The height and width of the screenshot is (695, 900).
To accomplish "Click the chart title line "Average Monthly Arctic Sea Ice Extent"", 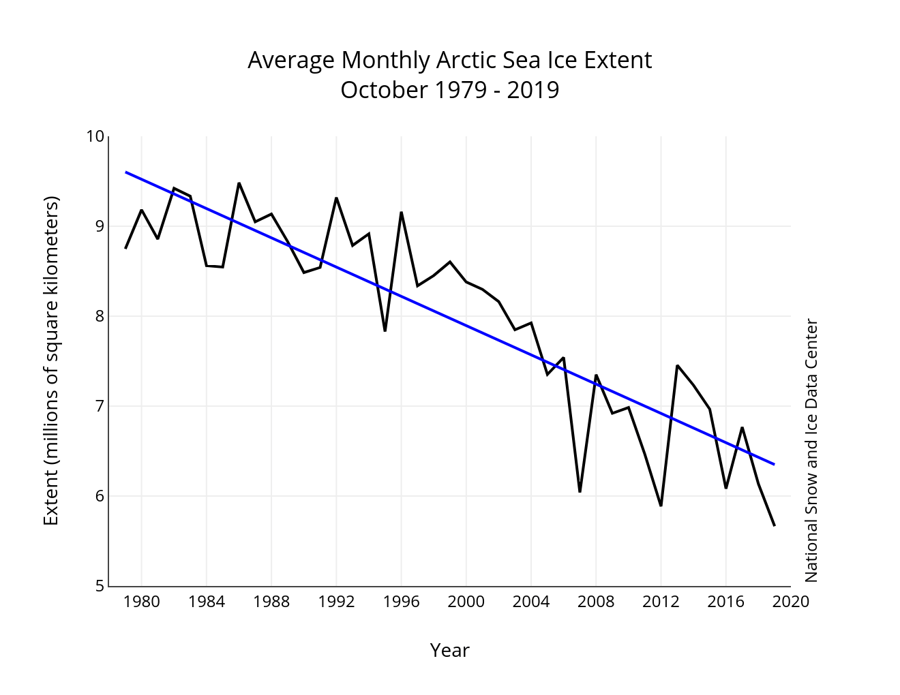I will point(449,60).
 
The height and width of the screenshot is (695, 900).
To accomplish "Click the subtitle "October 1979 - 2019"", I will point(449,90).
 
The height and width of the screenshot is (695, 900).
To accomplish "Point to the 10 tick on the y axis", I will point(95,137).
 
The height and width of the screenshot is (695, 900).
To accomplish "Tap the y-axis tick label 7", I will point(100,406).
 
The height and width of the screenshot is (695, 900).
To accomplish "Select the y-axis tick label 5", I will point(100,586).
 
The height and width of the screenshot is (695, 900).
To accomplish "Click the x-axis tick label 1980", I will point(142,602).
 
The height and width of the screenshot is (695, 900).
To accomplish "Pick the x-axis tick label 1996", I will point(401,602).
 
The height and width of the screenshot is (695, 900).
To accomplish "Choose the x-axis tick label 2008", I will point(596,602).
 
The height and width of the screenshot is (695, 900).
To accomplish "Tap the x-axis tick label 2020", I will point(791,602).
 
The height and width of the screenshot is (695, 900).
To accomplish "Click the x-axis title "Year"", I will point(449,650).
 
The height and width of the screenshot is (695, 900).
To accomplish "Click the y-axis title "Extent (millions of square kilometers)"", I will point(52,360).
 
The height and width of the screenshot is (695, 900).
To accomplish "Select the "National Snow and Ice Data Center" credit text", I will point(811,450).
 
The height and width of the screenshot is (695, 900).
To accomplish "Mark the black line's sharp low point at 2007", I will point(580,491).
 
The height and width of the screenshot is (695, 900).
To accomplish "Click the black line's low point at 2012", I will point(661,506).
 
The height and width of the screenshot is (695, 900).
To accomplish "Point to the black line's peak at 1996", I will point(401,213).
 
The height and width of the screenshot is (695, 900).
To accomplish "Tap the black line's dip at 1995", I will point(385,330).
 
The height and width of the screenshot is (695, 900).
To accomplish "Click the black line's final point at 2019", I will point(775,525).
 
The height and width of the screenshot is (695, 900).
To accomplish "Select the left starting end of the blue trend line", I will point(126,172).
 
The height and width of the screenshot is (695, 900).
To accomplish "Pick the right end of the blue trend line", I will point(775,464).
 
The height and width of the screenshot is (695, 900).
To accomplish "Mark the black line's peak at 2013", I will point(677,366).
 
